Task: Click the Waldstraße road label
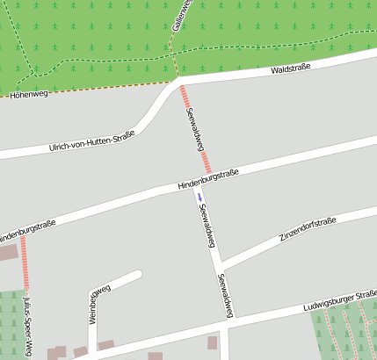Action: [291, 68]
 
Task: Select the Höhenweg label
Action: [27, 93]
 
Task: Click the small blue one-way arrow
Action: [199, 196]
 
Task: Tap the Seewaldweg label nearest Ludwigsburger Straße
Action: [226, 295]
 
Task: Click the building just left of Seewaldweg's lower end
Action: [212, 342]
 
